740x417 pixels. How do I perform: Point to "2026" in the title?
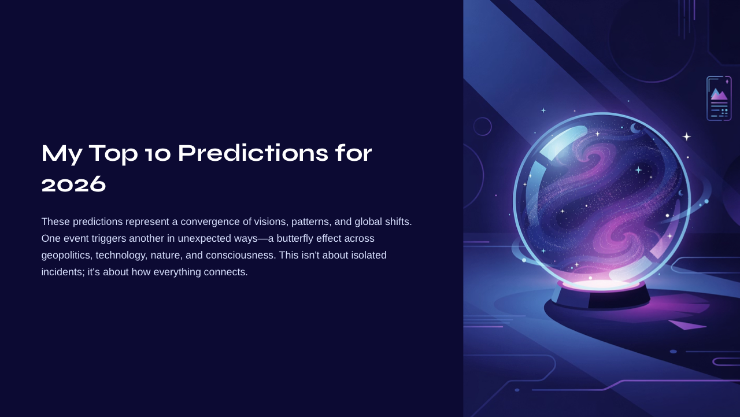point(74,184)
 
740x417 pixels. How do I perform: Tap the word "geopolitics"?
point(65,255)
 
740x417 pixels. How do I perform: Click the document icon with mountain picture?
point(719,98)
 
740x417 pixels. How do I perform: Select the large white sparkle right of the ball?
point(686,136)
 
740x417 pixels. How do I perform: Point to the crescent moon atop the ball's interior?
point(635,128)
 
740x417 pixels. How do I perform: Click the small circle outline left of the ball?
point(482,126)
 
